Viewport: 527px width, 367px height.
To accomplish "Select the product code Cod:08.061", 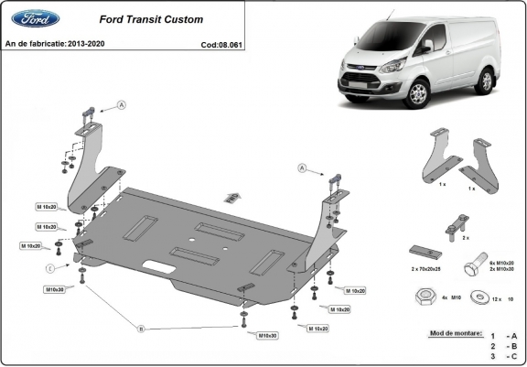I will (221, 44).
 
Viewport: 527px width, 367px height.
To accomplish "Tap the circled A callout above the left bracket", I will (122, 106).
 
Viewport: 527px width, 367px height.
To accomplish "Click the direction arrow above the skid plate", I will (233, 195).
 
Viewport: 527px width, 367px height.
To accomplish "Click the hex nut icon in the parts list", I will (425, 297).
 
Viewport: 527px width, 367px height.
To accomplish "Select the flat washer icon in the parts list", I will (477, 297).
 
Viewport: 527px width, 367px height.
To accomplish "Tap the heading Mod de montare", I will (455, 333).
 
